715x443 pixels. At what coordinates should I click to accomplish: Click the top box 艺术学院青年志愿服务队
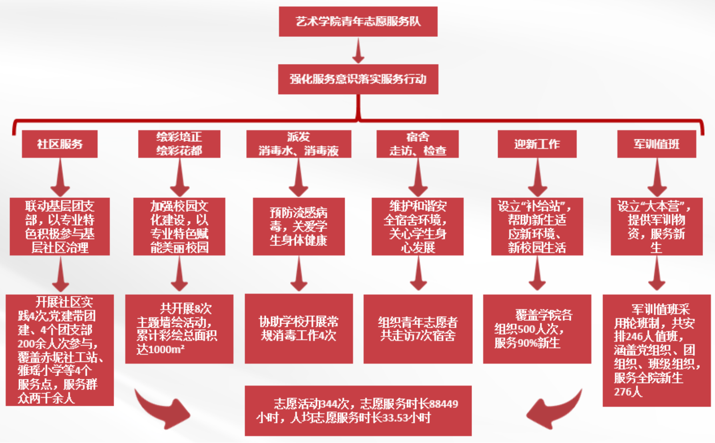click(358, 22)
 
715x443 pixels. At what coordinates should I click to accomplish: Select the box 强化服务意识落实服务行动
click(358, 79)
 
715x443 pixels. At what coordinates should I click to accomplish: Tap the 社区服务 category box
click(60, 144)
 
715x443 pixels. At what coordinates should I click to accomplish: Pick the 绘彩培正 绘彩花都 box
click(179, 144)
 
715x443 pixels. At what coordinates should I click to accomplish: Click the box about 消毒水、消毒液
click(299, 144)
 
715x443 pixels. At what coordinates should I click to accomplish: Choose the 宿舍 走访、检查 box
click(418, 144)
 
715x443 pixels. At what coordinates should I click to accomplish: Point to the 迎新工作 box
click(537, 144)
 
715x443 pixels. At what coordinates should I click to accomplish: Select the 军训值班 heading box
click(657, 144)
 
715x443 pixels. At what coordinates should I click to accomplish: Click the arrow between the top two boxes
click(358, 51)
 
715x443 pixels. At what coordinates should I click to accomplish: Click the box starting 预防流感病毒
click(299, 226)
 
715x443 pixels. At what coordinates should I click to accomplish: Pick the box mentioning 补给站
click(537, 226)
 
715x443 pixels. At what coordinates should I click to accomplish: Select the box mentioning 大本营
click(657, 226)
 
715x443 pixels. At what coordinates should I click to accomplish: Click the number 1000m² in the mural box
click(160, 350)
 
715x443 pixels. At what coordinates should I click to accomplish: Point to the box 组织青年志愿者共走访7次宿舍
click(418, 329)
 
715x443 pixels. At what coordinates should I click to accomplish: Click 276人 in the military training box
click(628, 392)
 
